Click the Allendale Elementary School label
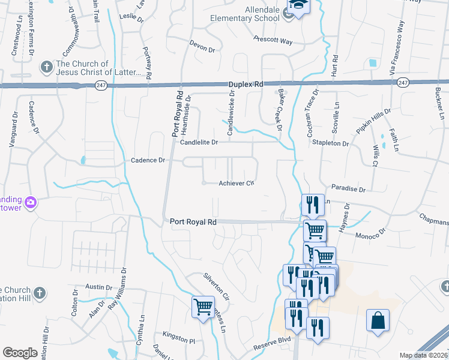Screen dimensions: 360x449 [x=245, y=14]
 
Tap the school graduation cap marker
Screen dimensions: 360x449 [x=296, y=7]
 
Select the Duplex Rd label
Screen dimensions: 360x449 [x=246, y=85]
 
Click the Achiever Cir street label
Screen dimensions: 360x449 [x=237, y=183]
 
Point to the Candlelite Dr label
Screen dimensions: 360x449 [x=199, y=142]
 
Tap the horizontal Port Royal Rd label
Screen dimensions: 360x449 [x=193, y=221]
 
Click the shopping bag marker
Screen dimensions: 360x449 [x=378, y=320]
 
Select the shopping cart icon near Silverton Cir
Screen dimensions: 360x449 [x=203, y=307]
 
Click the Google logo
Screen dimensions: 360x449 [x=20, y=352]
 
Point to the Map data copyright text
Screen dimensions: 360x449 [x=423, y=355]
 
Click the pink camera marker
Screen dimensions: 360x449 [x=31, y=203]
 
